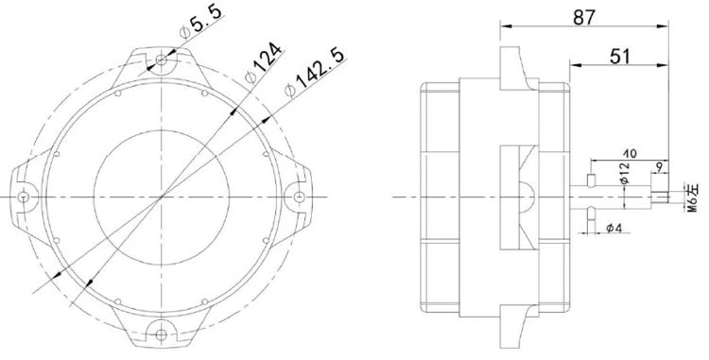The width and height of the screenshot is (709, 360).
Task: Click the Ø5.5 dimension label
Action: (200, 23)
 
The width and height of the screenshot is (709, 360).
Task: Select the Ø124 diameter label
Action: (264, 62)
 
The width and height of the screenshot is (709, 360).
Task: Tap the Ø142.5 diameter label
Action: (315, 72)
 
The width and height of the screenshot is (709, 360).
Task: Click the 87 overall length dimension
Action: (584, 17)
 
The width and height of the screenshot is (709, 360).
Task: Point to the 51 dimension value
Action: (620, 57)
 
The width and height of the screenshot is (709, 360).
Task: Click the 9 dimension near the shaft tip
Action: (659, 167)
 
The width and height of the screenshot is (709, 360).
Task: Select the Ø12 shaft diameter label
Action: (625, 173)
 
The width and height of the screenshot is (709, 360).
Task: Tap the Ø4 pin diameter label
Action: (614, 229)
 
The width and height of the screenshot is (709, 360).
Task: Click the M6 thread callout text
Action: (693, 197)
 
